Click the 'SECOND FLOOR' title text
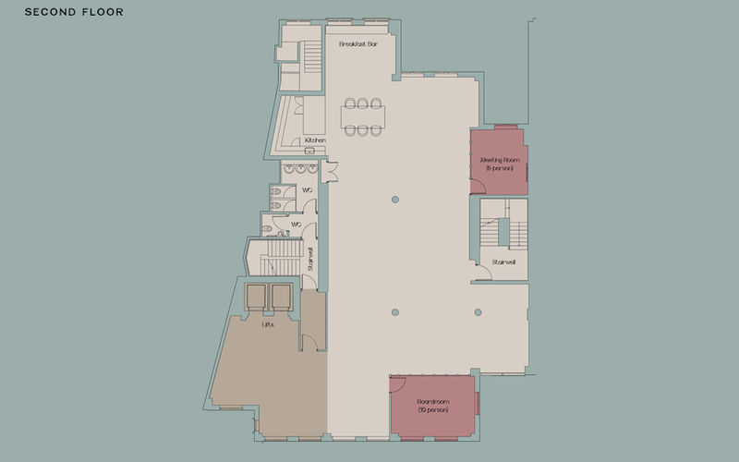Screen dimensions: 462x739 [74, 13]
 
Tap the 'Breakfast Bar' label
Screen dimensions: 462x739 [359, 43]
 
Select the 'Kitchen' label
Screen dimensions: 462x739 [315, 140]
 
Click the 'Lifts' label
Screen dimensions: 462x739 [267, 323]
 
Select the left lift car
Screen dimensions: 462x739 [255, 295]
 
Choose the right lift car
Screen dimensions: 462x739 [280, 295]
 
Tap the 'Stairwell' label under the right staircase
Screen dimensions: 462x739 [503, 262]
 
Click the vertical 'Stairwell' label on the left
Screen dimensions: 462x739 [311, 259]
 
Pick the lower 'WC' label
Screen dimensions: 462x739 [297, 224]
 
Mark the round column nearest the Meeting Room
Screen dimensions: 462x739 [395, 199]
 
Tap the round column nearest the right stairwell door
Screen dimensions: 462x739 [478, 311]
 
